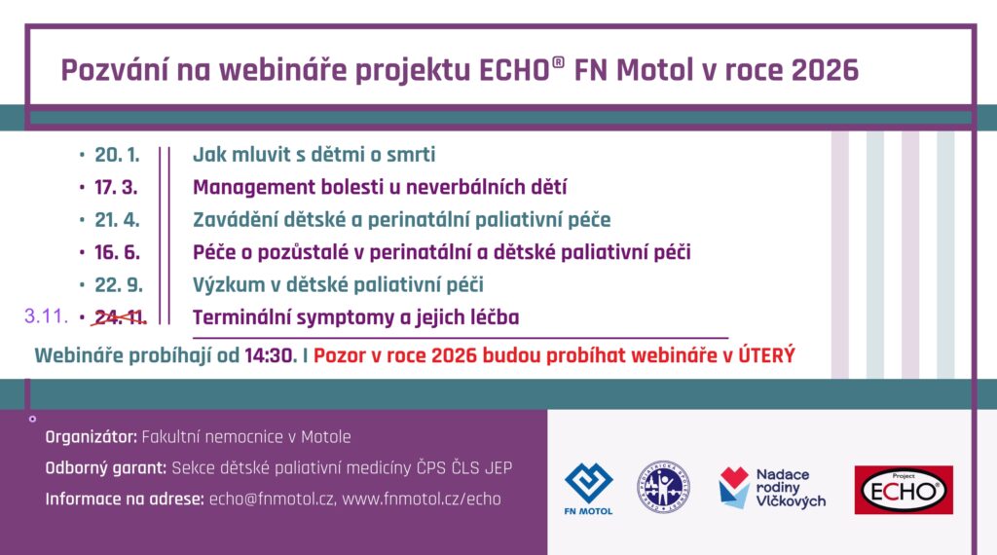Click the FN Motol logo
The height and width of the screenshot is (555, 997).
click(x=588, y=488)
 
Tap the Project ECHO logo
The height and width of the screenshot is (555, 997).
click(x=903, y=489)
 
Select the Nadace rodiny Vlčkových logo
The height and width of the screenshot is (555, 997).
click(x=771, y=488)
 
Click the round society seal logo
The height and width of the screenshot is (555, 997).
click(x=663, y=487)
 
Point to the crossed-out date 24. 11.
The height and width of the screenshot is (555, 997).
click(x=120, y=316)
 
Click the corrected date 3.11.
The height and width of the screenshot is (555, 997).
click(x=45, y=316)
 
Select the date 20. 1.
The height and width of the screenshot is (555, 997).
click(x=117, y=155)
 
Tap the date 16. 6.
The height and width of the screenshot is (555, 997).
click(x=117, y=252)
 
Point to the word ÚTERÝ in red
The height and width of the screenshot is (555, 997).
click(x=766, y=355)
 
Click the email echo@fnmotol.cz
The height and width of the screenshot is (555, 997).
click(x=272, y=499)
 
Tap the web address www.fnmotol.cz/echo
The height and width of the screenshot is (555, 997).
click(x=422, y=499)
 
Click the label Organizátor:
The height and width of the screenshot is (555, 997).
click(x=92, y=437)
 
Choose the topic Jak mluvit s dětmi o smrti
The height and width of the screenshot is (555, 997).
click(x=314, y=155)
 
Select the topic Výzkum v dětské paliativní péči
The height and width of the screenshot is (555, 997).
click(x=338, y=284)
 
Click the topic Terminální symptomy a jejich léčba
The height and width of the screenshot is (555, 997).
click(x=355, y=316)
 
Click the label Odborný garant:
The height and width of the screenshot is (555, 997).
click(x=106, y=468)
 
